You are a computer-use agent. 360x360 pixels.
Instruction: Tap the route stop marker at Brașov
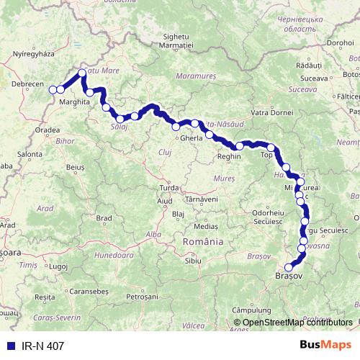tap(289, 268)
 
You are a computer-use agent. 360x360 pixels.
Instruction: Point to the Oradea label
tap(46, 130)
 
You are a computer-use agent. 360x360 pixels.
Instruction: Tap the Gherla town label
tap(192, 138)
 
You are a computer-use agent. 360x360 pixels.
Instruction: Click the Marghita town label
tap(75, 102)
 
